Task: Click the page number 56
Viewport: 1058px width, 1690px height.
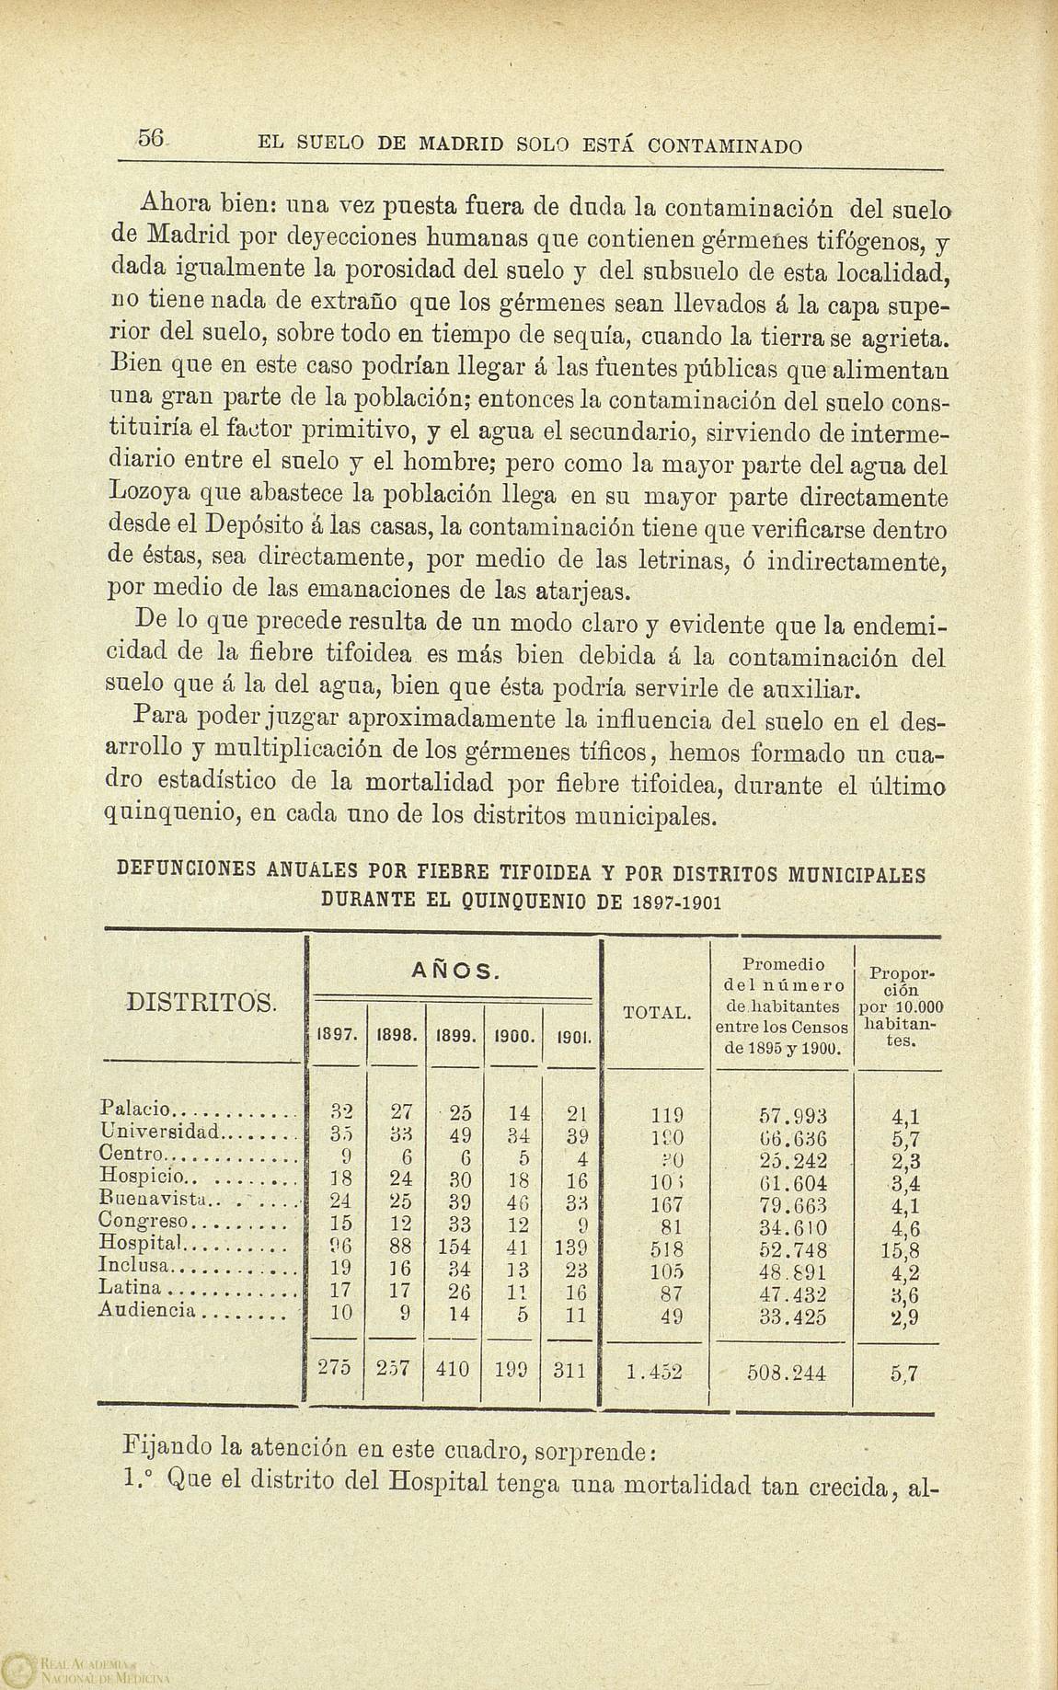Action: [x=150, y=139]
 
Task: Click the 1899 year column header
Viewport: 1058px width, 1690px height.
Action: [x=455, y=1035]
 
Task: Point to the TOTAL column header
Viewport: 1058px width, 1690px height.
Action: [x=656, y=1012]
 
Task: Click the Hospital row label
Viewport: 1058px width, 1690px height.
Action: [x=143, y=1243]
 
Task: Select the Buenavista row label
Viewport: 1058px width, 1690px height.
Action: [x=147, y=1200]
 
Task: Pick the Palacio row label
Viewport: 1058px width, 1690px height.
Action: [x=134, y=1109]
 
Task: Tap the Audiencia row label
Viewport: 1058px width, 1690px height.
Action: [x=148, y=1310]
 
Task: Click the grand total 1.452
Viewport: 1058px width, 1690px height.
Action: [x=654, y=1373]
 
